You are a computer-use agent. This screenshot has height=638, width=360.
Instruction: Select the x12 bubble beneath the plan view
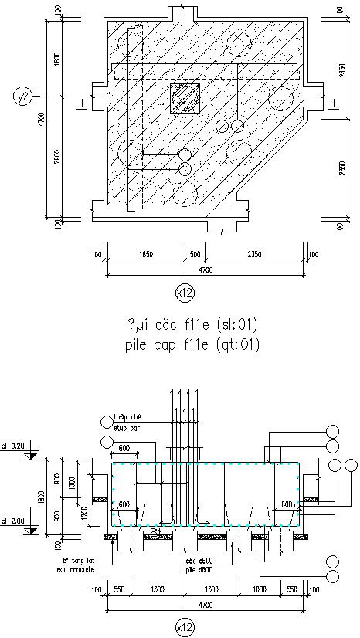(185, 292)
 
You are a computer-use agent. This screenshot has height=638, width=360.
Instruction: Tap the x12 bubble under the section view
(185, 627)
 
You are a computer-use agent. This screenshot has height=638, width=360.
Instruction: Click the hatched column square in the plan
(185, 99)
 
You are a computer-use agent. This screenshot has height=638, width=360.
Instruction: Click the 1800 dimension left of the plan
(59, 59)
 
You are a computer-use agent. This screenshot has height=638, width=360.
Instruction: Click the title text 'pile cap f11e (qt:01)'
(191, 344)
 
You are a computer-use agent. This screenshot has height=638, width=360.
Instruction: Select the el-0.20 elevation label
(13, 446)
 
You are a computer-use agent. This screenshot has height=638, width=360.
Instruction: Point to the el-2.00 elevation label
(13, 519)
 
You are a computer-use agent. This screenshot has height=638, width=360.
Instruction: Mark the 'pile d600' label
(199, 568)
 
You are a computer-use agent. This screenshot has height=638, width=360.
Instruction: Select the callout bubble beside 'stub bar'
(107, 421)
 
